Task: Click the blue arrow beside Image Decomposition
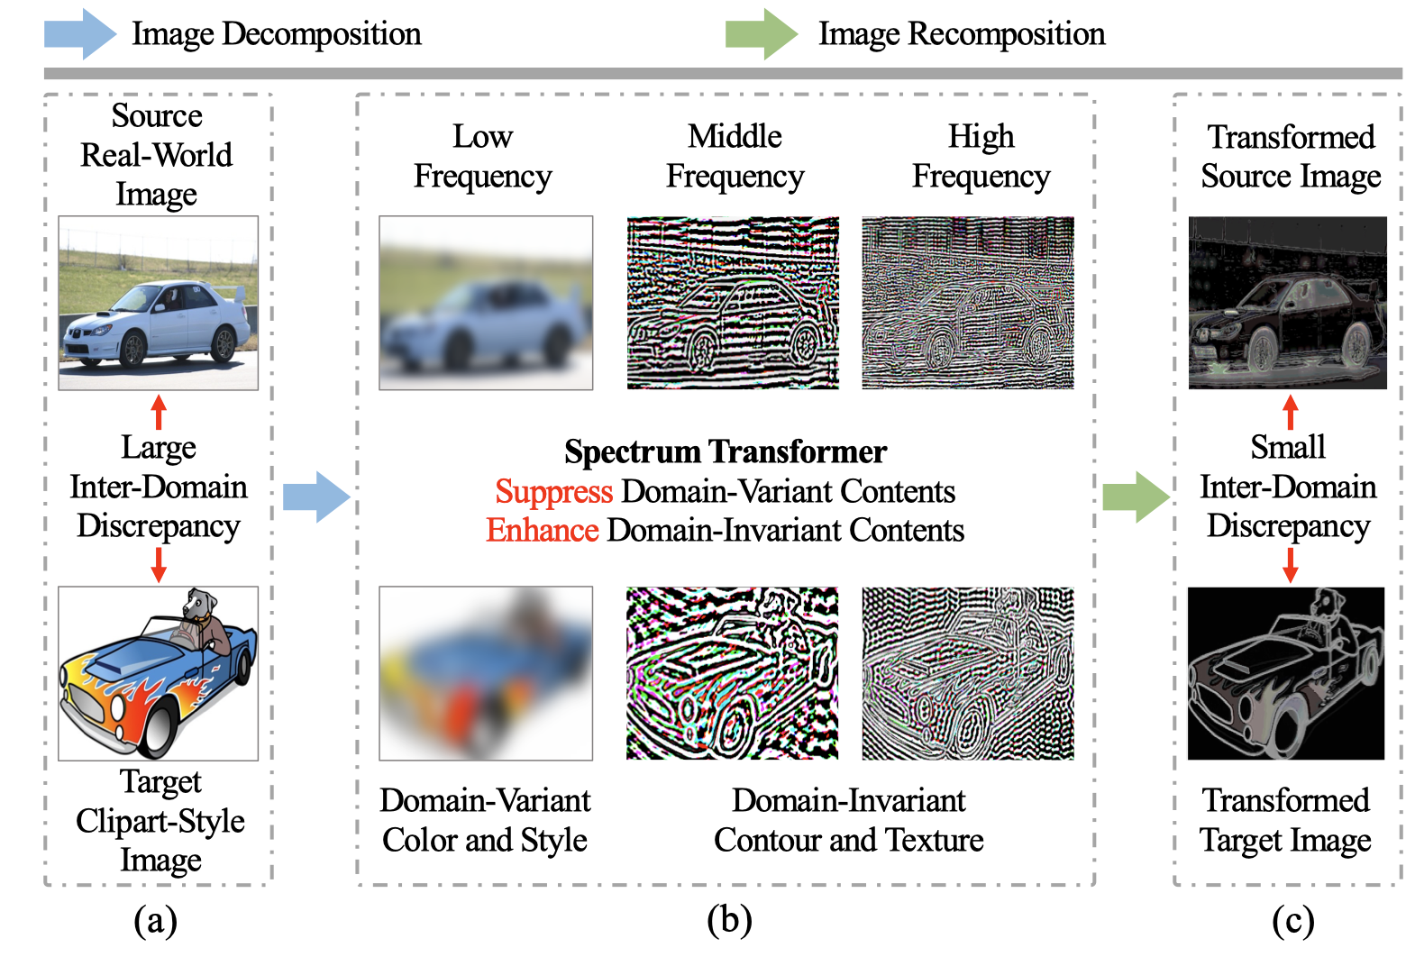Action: [79, 34]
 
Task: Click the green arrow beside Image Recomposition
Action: [761, 34]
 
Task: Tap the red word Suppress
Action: [553, 492]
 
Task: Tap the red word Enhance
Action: [543, 531]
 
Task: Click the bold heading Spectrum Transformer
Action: [726, 451]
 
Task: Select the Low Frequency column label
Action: [482, 156]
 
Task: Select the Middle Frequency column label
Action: [735, 156]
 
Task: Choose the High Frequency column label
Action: [981, 156]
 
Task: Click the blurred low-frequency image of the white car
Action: [486, 303]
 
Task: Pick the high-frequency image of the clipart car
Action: [967, 674]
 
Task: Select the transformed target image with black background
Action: [1285, 674]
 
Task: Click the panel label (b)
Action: [729, 921]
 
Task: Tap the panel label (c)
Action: [1292, 921]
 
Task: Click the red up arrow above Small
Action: [1290, 412]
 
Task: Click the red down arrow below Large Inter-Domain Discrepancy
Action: [159, 564]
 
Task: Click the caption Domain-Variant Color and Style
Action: [485, 820]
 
